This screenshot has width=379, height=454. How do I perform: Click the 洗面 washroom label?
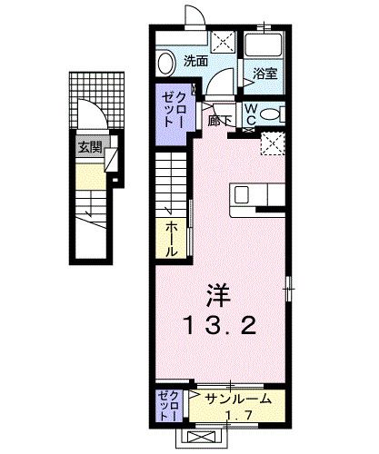pos(194,63)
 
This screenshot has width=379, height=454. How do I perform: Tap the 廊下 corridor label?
pos(218,118)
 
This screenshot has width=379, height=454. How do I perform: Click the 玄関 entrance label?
pos(87,146)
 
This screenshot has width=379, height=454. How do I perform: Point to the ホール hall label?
pos(171,239)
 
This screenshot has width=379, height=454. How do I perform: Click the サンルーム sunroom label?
pos(232,397)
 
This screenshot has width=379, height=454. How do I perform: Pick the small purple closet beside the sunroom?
pos(169,406)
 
